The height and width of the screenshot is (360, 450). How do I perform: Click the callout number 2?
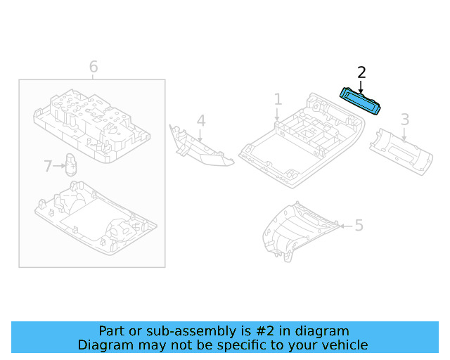coord(361,72)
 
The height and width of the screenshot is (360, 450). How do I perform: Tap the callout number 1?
coord(278,99)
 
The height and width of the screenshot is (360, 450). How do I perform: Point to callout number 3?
coord(405,119)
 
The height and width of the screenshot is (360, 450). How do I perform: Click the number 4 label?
coord(201,121)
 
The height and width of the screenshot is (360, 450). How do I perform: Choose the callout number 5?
coord(359,226)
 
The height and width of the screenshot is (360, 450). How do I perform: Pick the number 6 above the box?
coord(94,67)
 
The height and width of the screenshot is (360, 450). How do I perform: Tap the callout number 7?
coord(48,167)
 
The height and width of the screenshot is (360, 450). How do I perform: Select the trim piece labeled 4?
coord(200,148)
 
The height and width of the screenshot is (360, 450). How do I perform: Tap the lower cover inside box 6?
coord(91,221)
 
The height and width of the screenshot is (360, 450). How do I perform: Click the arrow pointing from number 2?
coord(361,86)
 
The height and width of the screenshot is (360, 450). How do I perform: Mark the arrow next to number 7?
coord(59,167)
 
